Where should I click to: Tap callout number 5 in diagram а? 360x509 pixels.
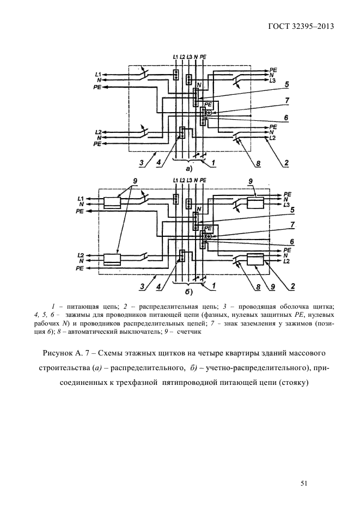pos(286,84)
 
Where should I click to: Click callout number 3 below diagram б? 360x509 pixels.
pos(141,285)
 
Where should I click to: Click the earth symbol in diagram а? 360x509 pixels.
pos(208,113)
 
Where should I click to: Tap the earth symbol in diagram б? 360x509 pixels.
pos(208,236)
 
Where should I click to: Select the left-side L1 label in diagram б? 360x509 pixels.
pos(80,198)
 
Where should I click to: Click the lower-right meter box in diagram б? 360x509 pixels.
pos(255,260)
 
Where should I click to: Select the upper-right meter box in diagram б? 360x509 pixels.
pos(255,203)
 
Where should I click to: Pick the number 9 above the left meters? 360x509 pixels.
pos(135,181)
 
